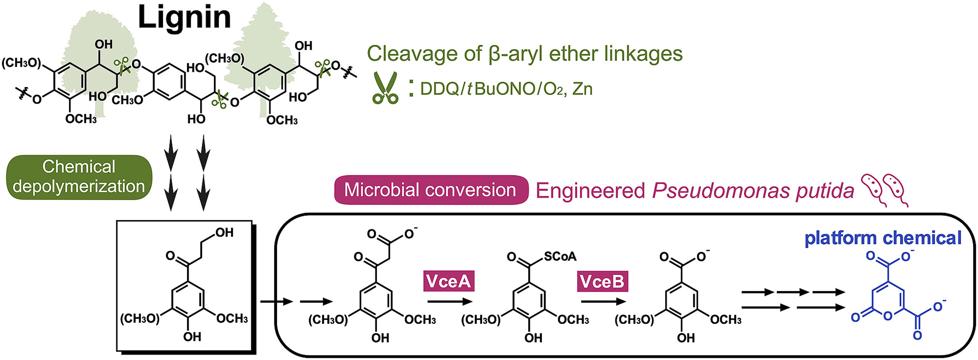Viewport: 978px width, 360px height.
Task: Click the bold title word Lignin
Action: pos(184,18)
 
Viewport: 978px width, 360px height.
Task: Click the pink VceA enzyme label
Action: pos(449,281)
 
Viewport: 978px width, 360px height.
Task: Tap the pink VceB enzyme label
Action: pos(602,281)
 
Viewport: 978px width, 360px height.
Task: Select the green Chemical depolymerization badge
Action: pos(79,177)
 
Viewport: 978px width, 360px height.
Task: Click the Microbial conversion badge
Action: pos(430,190)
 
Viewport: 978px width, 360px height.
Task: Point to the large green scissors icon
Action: pos(385,88)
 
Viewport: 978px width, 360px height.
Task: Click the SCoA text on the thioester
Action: pos(560,256)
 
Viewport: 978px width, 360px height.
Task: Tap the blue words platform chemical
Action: pos(883,238)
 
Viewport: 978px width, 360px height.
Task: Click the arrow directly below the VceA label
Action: pos(449,302)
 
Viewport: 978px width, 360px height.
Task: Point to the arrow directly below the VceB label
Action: pos(603,302)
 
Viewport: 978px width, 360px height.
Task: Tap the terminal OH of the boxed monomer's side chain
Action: pos(224,233)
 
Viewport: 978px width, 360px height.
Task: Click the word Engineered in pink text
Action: pos(590,191)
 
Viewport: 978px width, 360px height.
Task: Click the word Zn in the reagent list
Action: pos(582,89)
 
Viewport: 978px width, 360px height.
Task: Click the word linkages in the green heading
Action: pos(646,54)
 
